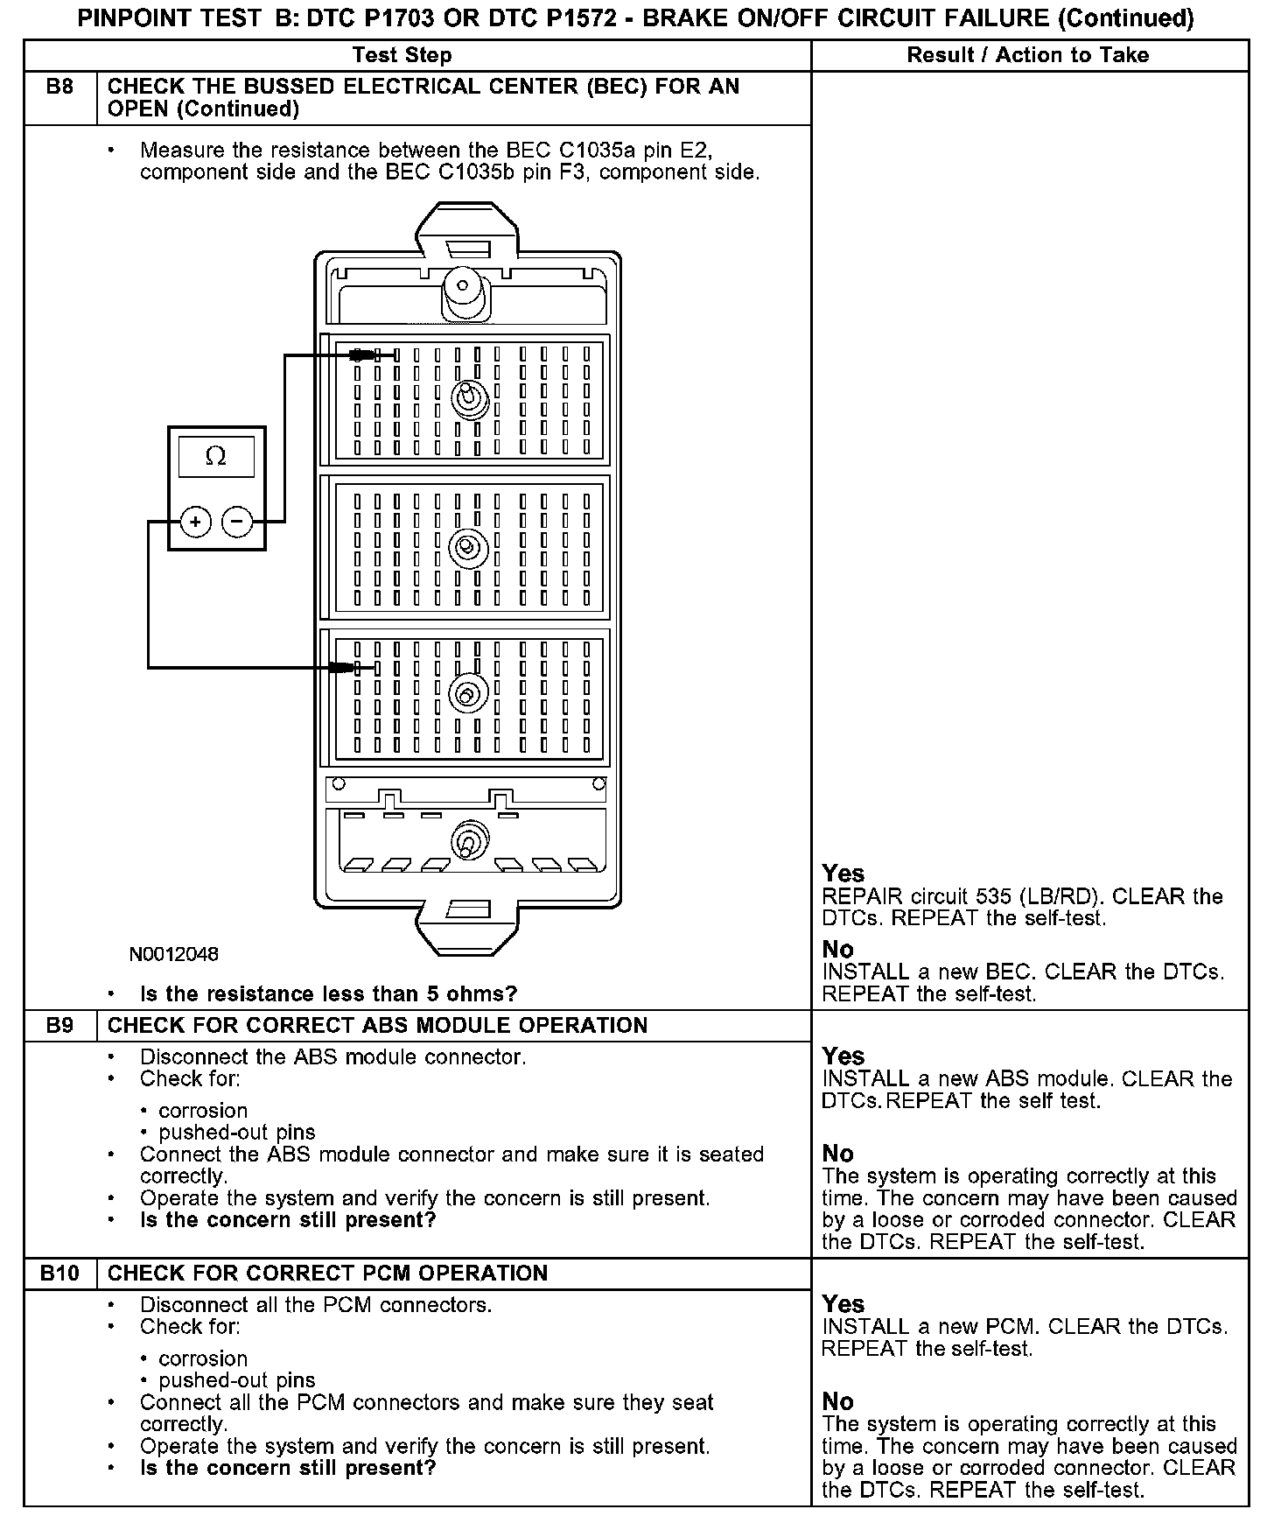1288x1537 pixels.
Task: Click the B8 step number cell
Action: click(59, 88)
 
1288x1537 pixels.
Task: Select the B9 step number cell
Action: click(59, 1026)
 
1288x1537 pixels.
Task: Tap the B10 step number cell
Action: click(59, 1274)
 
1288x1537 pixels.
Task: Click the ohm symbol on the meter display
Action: click(215, 456)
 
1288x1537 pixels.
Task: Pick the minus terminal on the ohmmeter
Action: click(237, 523)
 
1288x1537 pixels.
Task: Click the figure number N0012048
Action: click(174, 954)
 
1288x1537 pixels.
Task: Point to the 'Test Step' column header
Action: click(402, 55)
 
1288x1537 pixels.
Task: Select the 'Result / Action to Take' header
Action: click(1027, 55)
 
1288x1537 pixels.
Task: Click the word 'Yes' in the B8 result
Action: click(843, 874)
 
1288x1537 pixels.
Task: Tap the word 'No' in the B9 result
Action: click(837, 1154)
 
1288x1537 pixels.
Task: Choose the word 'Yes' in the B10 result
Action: click(843, 1304)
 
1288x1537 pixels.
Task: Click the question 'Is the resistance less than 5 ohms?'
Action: click(329, 994)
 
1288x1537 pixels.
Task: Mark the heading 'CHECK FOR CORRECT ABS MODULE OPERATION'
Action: click(377, 1026)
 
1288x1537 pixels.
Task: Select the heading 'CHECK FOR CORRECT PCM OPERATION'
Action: click(327, 1274)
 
